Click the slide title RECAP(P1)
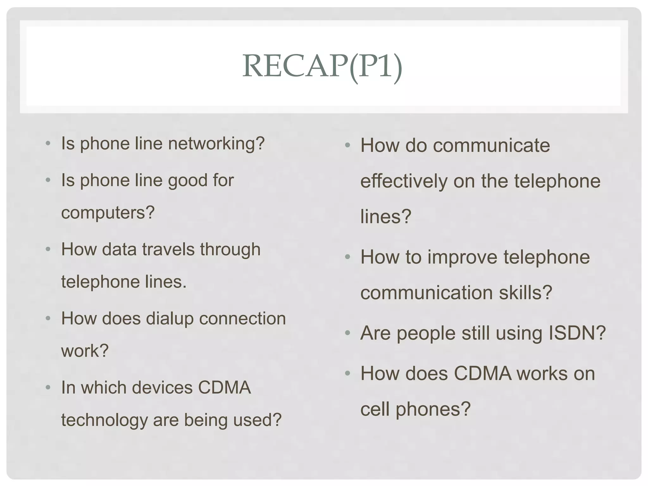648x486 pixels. point(322,66)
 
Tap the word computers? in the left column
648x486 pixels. point(108,213)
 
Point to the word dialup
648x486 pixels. point(170,319)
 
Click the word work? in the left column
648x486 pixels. point(85,351)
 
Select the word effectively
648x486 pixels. point(404,181)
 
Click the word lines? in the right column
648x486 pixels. point(386,217)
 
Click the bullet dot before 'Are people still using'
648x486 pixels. point(348,333)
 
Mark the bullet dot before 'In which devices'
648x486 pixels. point(48,387)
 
